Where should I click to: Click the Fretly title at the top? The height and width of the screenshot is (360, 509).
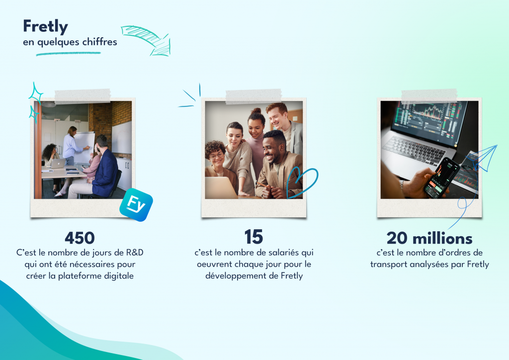click(x=45, y=26)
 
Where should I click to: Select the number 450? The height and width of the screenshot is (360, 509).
click(x=80, y=237)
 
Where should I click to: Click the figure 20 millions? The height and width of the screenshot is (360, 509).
click(x=429, y=238)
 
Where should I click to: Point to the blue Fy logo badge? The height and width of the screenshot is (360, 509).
click(x=136, y=204)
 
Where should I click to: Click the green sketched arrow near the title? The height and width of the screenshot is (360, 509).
click(x=147, y=39)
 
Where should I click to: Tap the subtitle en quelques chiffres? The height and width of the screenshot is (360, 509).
click(x=70, y=42)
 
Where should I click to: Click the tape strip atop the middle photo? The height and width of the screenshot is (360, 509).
click(x=254, y=96)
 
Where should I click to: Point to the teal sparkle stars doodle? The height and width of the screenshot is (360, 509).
click(x=35, y=102)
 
